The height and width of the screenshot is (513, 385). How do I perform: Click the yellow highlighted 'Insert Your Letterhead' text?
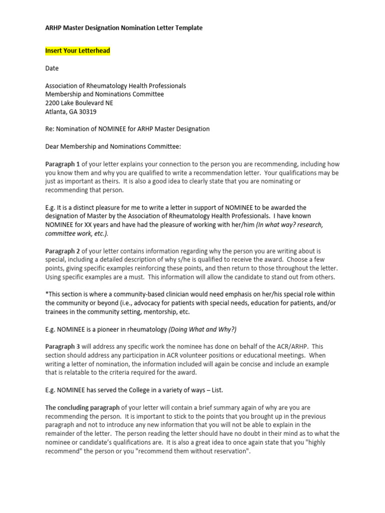78,51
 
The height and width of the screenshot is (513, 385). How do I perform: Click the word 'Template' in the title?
188,28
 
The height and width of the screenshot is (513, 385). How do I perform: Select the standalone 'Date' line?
52,68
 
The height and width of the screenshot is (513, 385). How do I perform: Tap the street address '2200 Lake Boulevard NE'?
79,103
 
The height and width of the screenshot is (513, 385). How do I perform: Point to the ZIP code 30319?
87,112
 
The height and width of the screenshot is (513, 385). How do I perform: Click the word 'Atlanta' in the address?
56,112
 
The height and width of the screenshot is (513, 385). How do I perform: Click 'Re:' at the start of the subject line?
50,129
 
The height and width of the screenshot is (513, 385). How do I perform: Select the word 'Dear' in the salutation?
53,146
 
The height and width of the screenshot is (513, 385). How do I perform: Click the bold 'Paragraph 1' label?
63,164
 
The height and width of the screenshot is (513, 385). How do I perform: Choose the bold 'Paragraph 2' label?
63,250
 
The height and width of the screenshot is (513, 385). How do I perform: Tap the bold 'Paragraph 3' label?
63,346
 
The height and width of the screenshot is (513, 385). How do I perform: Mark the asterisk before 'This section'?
47,294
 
